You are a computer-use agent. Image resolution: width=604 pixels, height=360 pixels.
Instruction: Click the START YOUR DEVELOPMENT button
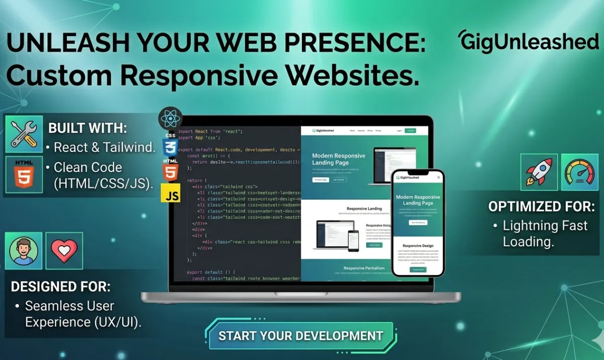[x=300, y=336]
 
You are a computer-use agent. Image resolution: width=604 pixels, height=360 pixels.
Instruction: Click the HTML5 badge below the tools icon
[x=24, y=174]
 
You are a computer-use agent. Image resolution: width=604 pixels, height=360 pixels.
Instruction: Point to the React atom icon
[x=170, y=119]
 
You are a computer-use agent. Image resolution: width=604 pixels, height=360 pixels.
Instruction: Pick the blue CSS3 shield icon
[x=170, y=144]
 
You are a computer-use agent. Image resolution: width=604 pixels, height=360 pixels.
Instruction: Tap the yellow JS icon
[x=171, y=193]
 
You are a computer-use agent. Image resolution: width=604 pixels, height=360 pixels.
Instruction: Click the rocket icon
[x=539, y=172]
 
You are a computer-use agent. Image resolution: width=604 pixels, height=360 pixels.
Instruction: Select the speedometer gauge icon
[x=580, y=172]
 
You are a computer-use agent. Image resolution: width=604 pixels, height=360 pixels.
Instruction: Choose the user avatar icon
[x=24, y=250]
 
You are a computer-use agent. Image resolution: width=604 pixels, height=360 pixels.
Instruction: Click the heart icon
[x=64, y=250]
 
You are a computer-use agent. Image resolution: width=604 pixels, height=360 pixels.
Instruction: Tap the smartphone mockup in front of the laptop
[x=418, y=223]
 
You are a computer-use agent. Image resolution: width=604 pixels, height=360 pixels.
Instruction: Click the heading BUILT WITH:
[x=87, y=128]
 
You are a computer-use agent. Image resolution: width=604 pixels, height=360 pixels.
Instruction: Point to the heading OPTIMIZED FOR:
[x=541, y=206]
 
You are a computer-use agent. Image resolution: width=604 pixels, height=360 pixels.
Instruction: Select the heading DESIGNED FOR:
[x=60, y=286]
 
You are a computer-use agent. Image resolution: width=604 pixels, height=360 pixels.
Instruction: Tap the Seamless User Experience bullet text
[x=75, y=314]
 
